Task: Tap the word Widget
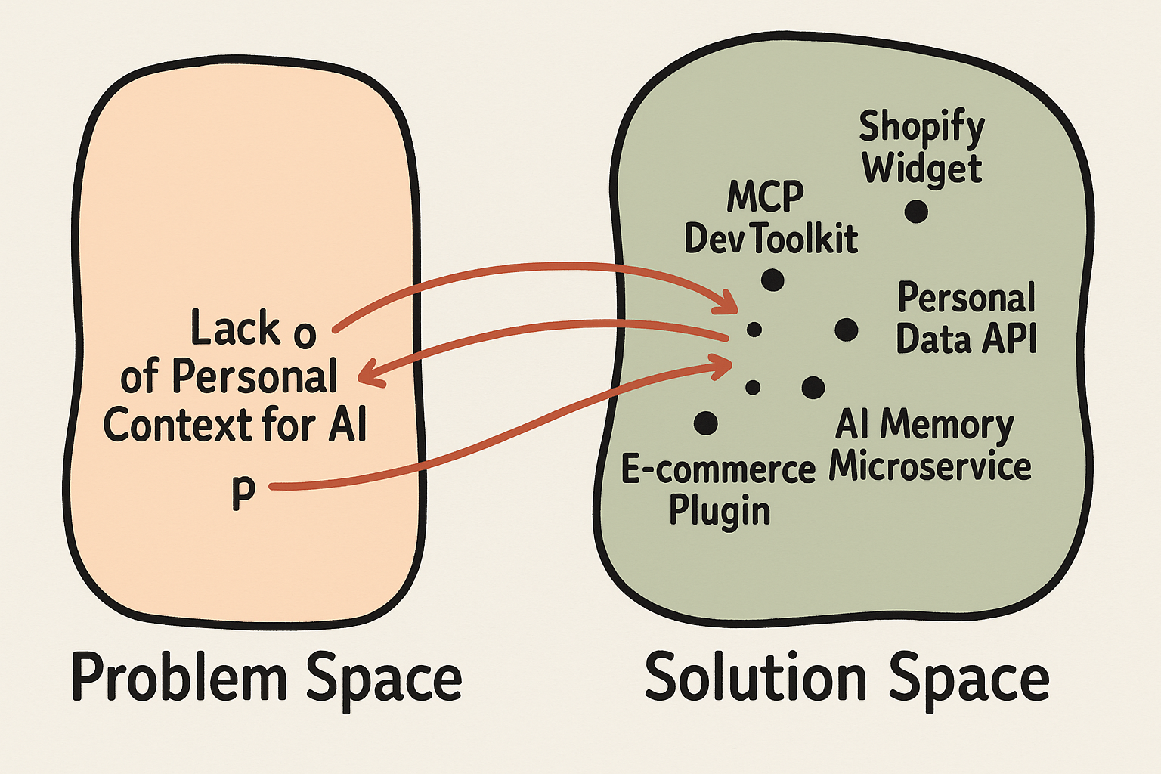coord(921,169)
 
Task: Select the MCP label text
coord(765,197)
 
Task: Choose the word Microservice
coord(930,466)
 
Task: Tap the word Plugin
coord(719,510)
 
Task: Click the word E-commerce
coord(718,469)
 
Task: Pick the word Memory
coord(947,425)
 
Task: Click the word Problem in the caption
coord(179,677)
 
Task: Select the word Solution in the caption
coord(755,677)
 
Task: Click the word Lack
coord(235,329)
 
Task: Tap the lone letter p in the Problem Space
coord(243,493)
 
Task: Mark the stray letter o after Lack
coord(304,333)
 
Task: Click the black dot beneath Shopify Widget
coord(916,212)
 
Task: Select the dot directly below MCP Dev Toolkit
coord(772,280)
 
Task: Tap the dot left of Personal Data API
coord(846,330)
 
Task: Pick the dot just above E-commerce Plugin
coord(705,423)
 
